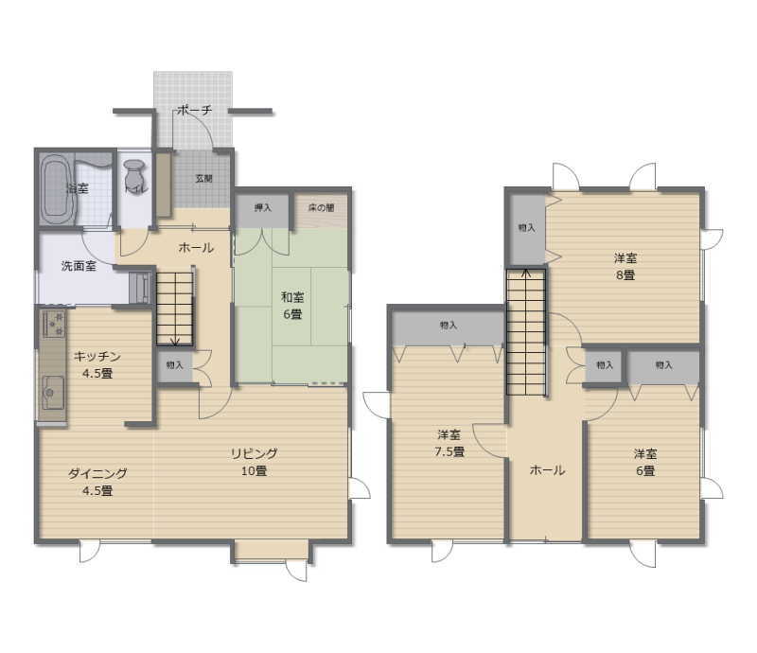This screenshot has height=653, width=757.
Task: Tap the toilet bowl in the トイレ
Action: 133,171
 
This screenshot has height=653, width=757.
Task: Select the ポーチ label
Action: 194,110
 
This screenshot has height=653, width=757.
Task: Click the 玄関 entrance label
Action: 203,178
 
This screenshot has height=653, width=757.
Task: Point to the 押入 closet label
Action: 263,207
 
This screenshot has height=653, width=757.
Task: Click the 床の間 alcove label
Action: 321,207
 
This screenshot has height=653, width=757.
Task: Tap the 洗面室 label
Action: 79,266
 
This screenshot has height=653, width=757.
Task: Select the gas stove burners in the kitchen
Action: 54,324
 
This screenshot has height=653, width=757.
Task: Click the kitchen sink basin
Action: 53,393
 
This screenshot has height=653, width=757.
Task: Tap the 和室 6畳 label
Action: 292,306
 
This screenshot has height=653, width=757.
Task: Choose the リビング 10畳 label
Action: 254,462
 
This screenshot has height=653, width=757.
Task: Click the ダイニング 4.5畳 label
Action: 97,482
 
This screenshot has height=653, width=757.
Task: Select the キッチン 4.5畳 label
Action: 97,364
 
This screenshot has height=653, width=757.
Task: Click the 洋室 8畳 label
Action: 625,266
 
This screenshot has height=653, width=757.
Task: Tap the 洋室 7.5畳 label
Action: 449,443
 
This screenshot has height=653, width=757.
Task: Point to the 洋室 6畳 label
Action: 645,462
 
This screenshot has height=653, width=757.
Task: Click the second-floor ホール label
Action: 547,470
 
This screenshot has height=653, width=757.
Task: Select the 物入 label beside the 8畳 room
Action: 527,227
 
